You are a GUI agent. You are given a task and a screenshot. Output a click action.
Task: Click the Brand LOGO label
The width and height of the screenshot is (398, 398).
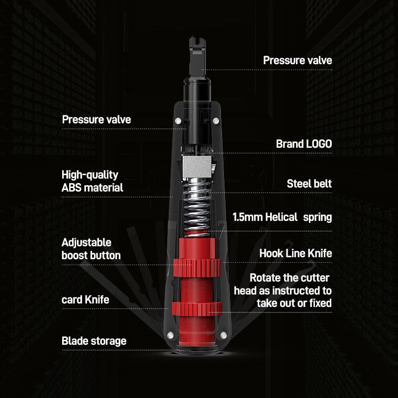click(x=304, y=144)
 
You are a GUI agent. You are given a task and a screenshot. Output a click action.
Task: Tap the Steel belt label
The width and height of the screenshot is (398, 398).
click(x=309, y=184)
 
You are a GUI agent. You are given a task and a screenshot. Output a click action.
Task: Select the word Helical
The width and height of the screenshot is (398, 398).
click(x=281, y=217)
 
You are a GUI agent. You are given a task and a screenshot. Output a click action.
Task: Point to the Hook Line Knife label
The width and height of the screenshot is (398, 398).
click(x=296, y=253)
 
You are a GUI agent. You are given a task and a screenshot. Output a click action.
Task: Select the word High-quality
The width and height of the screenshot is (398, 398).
click(x=90, y=175)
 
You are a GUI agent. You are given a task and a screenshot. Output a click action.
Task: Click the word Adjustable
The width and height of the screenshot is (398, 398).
click(x=86, y=243)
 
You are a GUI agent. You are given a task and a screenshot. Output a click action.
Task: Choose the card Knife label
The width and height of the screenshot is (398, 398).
click(x=85, y=300)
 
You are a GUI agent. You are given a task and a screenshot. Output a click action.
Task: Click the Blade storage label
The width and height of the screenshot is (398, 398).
click(x=94, y=341)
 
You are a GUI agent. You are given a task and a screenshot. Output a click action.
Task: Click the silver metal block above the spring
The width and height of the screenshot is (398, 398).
click(x=197, y=167)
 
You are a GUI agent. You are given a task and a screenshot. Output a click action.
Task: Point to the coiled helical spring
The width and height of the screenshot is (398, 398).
click(x=197, y=207)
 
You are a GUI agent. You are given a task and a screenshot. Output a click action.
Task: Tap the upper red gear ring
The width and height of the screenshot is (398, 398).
click(x=197, y=268)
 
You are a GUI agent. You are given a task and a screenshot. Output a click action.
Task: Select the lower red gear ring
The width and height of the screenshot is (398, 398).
click(x=197, y=309)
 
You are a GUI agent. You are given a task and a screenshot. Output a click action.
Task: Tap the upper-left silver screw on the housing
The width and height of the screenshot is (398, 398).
click(x=178, y=121)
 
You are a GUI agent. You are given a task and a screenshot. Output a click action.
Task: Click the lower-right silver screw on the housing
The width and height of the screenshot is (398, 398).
click(x=223, y=335)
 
